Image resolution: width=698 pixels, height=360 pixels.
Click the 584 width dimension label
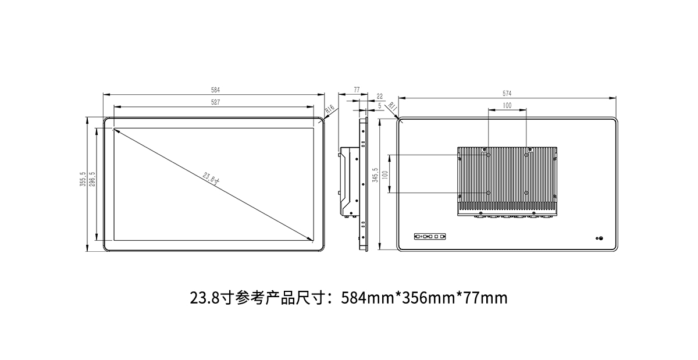(215, 90)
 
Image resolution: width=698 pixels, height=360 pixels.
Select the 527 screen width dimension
(215, 102)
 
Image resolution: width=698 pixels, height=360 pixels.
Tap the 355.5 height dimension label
(83, 179)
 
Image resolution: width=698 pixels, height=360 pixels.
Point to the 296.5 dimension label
(92, 179)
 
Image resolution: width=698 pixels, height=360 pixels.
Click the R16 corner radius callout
(329, 109)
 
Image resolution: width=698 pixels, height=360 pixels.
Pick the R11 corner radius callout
(393, 107)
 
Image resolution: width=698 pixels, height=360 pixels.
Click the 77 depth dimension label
(357, 90)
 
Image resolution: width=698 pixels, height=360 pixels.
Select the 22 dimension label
(379, 97)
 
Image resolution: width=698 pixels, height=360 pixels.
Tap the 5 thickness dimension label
(379, 106)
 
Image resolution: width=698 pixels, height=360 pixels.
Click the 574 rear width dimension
(507, 94)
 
